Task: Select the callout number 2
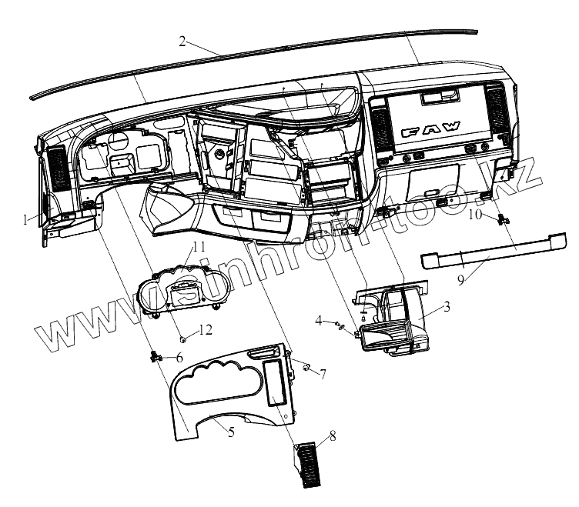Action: [x=182, y=42]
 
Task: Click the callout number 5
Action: [x=231, y=432]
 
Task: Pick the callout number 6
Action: [x=179, y=358]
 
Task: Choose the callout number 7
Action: [x=323, y=375]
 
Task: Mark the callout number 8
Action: [x=333, y=436]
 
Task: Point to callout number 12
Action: [x=204, y=331]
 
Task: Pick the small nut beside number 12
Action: [x=183, y=338]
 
